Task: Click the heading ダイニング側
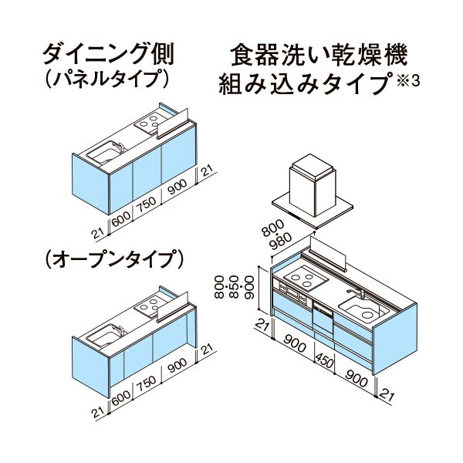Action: (108, 54)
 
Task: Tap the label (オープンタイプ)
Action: (114, 259)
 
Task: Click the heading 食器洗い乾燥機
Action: (319, 55)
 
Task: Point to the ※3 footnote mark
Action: (408, 81)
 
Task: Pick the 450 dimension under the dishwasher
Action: (324, 360)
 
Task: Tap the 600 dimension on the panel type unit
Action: (121, 219)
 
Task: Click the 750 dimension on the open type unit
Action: (147, 384)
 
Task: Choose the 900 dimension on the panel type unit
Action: (177, 188)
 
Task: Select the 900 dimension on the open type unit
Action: (177, 366)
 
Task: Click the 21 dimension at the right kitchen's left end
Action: (262, 324)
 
